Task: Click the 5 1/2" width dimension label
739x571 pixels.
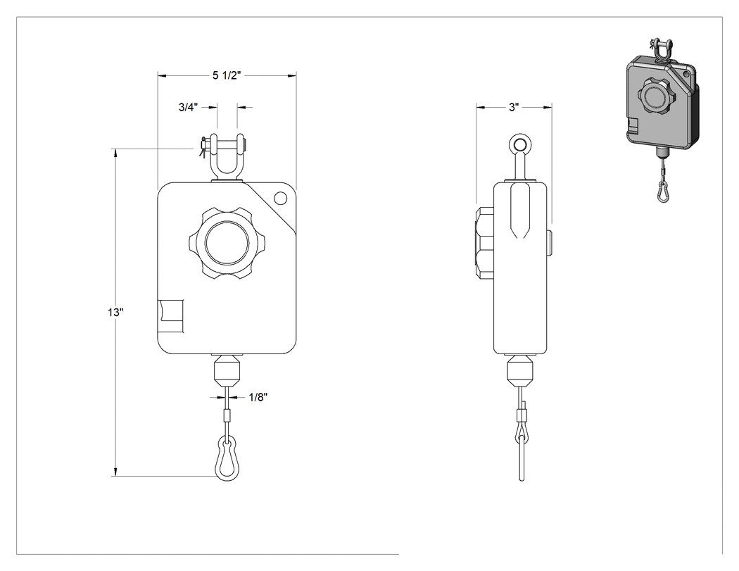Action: (x=227, y=75)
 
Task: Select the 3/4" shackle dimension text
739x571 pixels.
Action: (x=188, y=108)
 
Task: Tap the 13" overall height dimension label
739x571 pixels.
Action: (x=115, y=312)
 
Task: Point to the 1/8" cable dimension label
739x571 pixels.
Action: (x=258, y=398)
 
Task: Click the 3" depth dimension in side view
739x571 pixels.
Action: (x=514, y=108)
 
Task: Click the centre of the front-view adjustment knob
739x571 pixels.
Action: (x=227, y=244)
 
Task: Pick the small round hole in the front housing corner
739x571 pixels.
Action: (x=280, y=198)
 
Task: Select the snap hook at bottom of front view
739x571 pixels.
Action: (x=227, y=459)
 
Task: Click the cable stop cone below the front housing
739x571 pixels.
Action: (x=227, y=371)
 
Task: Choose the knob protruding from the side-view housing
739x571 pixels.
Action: (x=485, y=244)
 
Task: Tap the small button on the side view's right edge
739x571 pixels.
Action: (x=550, y=243)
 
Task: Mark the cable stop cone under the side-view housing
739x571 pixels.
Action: (x=520, y=371)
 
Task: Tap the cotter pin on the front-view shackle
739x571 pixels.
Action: (x=203, y=146)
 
